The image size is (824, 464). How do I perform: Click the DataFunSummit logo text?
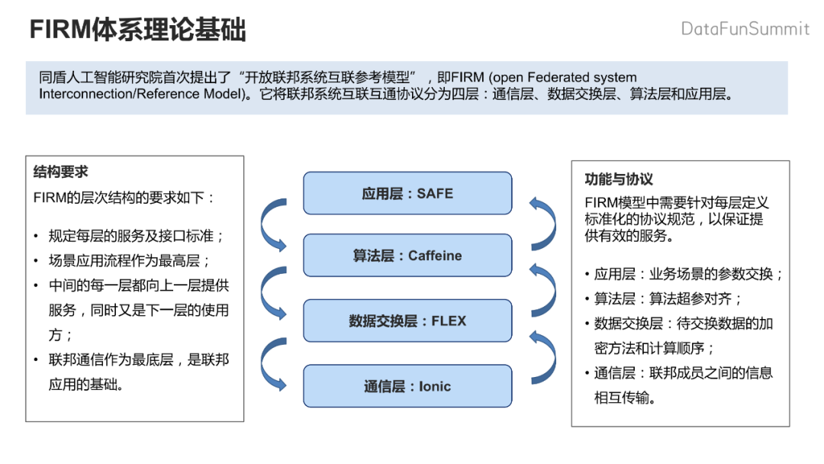point(745,29)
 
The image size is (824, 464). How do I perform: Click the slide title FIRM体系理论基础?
point(137,31)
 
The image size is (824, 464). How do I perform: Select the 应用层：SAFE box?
point(407,194)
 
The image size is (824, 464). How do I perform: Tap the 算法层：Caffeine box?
point(407,256)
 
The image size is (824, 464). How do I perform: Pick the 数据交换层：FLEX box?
point(407,321)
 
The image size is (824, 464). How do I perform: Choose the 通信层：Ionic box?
point(407,386)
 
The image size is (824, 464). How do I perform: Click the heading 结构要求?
point(61,172)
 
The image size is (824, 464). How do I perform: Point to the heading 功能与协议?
point(619,179)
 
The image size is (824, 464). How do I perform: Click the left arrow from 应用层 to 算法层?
point(272,224)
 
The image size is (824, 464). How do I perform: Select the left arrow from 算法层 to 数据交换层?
point(272,290)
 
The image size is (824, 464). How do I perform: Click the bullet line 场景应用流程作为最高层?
point(124,261)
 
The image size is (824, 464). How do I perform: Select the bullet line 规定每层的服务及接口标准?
point(137,237)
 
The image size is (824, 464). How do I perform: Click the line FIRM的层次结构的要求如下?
point(124,198)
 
